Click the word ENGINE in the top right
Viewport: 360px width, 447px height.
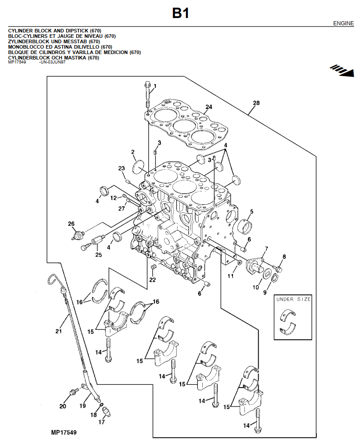point(343,23)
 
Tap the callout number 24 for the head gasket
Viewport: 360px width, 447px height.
point(208,107)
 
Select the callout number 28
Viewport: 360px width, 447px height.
point(256,104)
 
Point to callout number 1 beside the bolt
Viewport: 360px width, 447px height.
point(155,86)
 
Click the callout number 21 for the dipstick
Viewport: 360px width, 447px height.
point(58,332)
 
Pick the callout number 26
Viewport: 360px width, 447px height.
point(71,224)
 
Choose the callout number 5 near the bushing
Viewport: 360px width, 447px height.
point(251,211)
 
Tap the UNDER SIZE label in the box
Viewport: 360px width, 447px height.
point(293,299)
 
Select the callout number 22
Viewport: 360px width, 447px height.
point(152,280)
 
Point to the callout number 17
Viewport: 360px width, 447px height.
point(101,422)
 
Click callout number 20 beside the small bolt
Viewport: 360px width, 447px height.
point(63,406)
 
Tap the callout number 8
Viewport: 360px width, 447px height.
point(284,257)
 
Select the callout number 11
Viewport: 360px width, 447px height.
point(230,276)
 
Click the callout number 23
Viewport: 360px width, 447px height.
point(121,169)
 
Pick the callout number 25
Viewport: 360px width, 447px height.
point(98,255)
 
